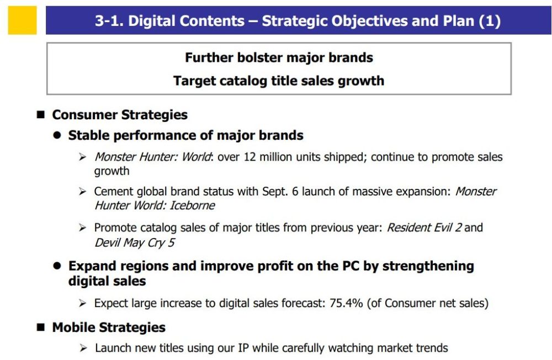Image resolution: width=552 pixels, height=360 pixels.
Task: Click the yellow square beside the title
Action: point(22,20)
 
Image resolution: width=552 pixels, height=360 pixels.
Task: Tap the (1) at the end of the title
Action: point(489,21)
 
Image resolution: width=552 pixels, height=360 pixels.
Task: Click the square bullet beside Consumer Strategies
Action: point(41,114)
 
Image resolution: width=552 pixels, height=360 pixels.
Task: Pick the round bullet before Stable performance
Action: point(57,135)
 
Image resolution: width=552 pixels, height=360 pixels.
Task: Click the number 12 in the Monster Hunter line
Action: point(250,157)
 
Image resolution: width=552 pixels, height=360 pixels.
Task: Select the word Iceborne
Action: point(192,205)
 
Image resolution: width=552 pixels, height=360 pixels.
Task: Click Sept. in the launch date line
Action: point(275,192)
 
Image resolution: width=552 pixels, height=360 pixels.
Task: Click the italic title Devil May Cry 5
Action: point(135,243)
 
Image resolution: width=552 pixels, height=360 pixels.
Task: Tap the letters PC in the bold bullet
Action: point(351,266)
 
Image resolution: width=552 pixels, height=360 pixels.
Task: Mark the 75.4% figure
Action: point(346,303)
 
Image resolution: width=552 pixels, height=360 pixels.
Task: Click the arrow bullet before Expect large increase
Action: point(83,303)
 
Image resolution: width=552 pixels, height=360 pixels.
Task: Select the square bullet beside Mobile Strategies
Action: point(41,327)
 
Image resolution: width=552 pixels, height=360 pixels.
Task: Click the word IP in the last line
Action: point(243,348)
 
